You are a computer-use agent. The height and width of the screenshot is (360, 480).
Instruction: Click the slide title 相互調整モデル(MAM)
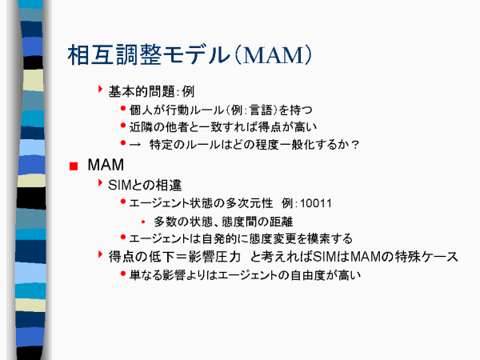pyautogui.click(x=190, y=55)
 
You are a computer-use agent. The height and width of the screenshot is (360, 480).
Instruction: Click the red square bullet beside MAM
pyautogui.click(x=74, y=166)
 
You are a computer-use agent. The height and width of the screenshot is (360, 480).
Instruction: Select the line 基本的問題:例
pyautogui.click(x=151, y=91)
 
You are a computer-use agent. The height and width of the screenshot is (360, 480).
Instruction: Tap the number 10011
pyautogui.click(x=316, y=203)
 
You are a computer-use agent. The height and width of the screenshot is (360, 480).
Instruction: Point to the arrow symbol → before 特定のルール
pyautogui.click(x=134, y=145)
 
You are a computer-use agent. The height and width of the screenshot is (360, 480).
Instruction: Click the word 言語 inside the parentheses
pyautogui.click(x=261, y=110)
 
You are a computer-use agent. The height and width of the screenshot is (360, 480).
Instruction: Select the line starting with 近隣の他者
pyautogui.click(x=223, y=127)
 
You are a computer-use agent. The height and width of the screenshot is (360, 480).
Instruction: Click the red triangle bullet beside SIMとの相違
pyautogui.click(x=100, y=182)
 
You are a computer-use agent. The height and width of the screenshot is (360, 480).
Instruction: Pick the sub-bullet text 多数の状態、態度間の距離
pyautogui.click(x=223, y=222)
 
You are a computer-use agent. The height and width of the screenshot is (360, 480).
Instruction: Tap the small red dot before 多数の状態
pyautogui.click(x=143, y=222)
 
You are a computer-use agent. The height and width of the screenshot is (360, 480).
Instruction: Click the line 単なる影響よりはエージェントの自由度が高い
pyautogui.click(x=245, y=275)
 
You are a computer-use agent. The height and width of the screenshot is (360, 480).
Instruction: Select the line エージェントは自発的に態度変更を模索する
pyautogui.click(x=241, y=238)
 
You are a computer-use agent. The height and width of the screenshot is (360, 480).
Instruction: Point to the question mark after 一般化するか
pyautogui.click(x=355, y=145)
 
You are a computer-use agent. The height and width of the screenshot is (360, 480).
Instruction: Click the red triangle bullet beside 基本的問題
pyautogui.click(x=100, y=89)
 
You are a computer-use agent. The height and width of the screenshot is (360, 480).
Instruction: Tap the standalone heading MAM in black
pyautogui.click(x=106, y=165)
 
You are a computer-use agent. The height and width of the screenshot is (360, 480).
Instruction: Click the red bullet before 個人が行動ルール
pyautogui.click(x=123, y=108)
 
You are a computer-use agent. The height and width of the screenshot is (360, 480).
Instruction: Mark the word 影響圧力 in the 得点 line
pyautogui.click(x=214, y=257)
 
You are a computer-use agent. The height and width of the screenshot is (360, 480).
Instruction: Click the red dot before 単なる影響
pyautogui.click(x=123, y=274)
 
